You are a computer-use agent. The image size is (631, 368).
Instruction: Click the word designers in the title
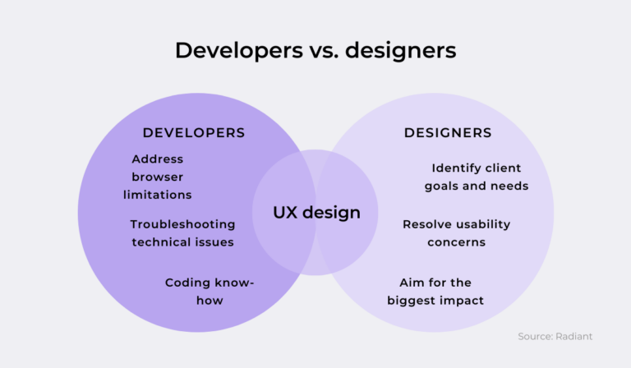click(400, 51)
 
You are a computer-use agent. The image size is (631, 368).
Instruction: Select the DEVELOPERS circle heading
click(194, 132)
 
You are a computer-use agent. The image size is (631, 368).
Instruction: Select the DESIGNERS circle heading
click(448, 132)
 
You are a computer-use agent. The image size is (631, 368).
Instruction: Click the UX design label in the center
click(316, 213)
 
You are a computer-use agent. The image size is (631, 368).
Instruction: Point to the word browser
click(157, 177)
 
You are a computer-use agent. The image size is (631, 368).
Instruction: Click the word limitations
click(157, 195)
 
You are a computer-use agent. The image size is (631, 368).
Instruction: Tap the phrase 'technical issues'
click(182, 242)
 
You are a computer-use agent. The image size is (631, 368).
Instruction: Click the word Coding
click(187, 283)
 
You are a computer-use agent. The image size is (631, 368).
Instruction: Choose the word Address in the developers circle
click(157, 159)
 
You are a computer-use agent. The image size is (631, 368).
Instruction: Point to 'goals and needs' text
click(477, 186)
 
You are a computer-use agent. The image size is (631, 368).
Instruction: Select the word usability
click(479, 224)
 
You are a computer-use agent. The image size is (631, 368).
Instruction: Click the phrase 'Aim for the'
click(435, 283)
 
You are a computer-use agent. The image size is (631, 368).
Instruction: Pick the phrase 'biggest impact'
click(435, 301)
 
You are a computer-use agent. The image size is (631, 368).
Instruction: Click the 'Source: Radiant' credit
click(555, 337)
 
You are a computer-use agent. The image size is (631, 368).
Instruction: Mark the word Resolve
click(424, 224)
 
